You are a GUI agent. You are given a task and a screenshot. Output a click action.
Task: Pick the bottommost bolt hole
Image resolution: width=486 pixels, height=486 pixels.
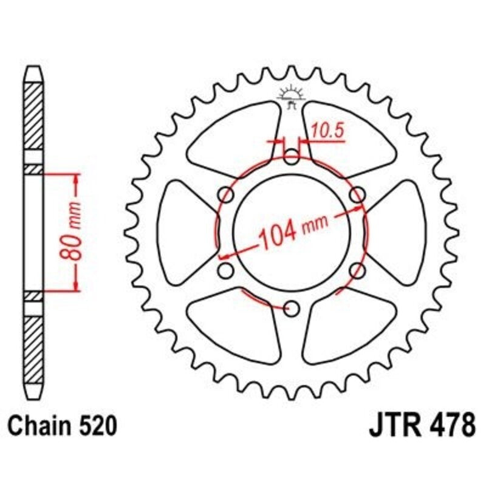292,309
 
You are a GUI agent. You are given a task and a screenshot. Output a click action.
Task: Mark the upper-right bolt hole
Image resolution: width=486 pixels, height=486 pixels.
358,194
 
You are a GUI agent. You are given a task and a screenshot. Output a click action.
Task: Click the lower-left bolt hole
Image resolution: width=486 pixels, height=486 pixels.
225,270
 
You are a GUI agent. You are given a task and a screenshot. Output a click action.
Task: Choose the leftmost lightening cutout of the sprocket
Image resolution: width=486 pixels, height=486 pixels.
185,233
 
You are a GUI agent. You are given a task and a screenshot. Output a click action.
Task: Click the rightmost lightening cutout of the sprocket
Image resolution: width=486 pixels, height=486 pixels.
398,233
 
